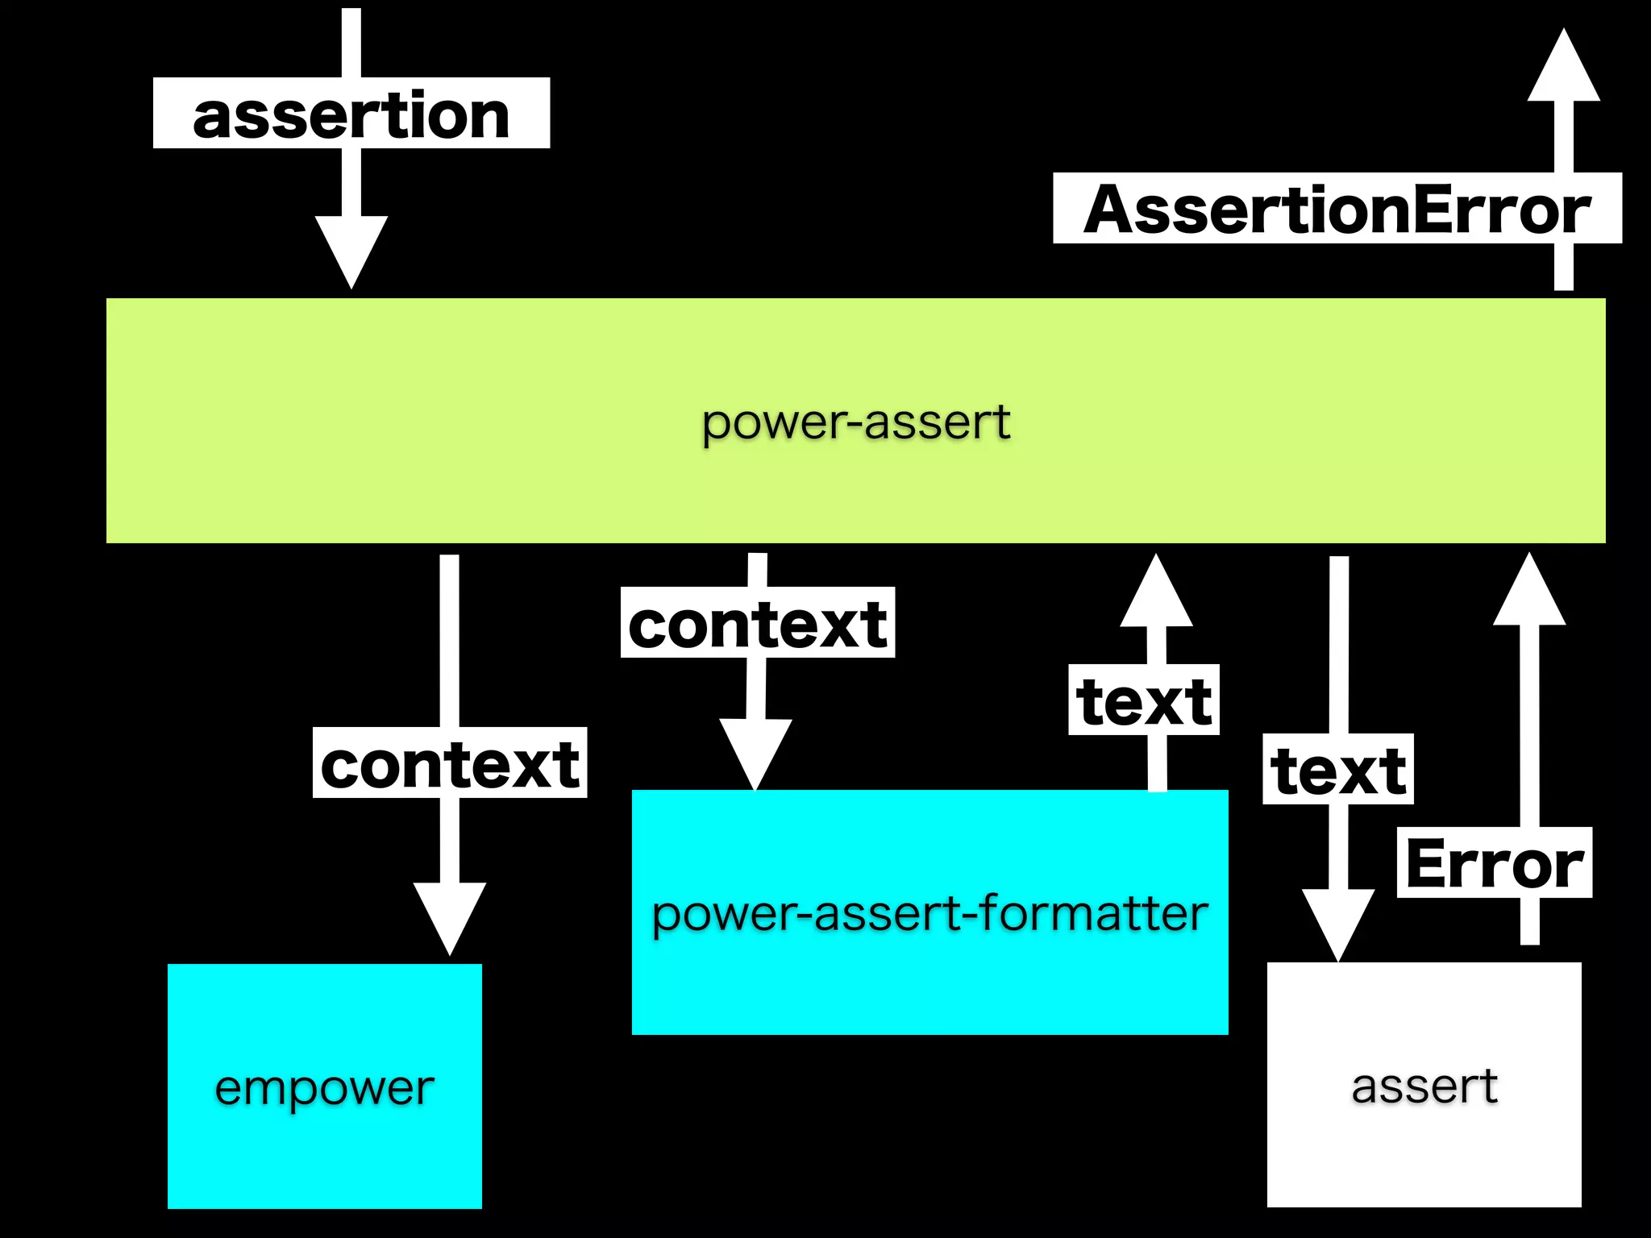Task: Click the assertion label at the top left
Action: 351,114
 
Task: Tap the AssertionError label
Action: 1337,209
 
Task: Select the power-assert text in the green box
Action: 856,422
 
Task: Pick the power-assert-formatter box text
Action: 929,913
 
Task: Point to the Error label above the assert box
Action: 1494,863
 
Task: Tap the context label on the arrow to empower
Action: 450,763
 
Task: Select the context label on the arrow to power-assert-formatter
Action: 758,623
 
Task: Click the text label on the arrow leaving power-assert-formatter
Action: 1143,700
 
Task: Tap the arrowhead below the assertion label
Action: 351,248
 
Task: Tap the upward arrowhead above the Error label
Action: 1529,593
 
